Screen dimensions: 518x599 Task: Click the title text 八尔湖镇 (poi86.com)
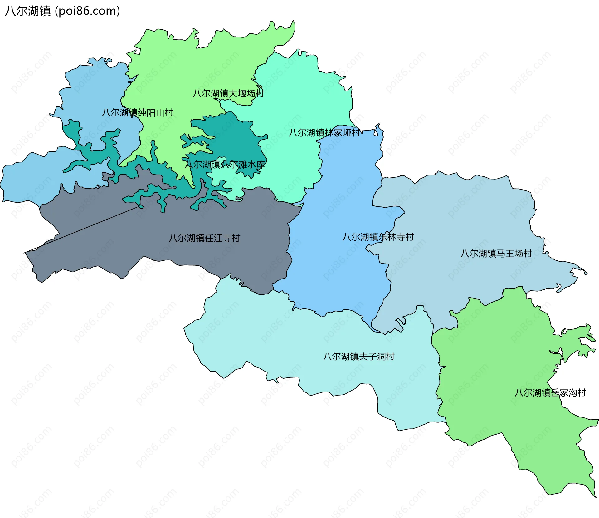[x=62, y=11]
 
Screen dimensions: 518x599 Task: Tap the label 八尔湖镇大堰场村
[x=228, y=93]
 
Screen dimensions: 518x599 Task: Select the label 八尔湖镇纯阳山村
[x=138, y=113]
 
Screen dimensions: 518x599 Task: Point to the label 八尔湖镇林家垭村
[x=324, y=133]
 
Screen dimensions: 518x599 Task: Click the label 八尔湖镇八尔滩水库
[x=225, y=165]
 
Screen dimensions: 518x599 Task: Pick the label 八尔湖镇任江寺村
[x=204, y=238]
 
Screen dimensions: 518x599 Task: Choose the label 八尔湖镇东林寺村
[x=378, y=237]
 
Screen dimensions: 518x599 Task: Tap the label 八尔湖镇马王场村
[x=496, y=254]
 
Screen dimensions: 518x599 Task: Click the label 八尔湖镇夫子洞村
[x=359, y=357]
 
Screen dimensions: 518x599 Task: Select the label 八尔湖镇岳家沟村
[x=550, y=393]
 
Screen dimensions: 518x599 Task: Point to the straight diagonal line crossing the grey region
[x=83, y=229]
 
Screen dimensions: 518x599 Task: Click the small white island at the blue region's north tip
[x=376, y=133]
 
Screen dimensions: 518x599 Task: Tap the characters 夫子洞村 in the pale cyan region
[x=377, y=357]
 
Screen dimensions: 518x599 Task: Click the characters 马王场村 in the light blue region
[x=514, y=254]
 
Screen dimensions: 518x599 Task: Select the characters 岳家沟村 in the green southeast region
[x=568, y=393]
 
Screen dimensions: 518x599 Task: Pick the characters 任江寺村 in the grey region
[x=222, y=238]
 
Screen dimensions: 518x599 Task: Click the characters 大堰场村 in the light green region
[x=246, y=93]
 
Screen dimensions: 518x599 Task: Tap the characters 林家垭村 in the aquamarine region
[x=343, y=133]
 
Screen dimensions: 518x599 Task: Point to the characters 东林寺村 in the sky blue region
[x=396, y=237]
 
